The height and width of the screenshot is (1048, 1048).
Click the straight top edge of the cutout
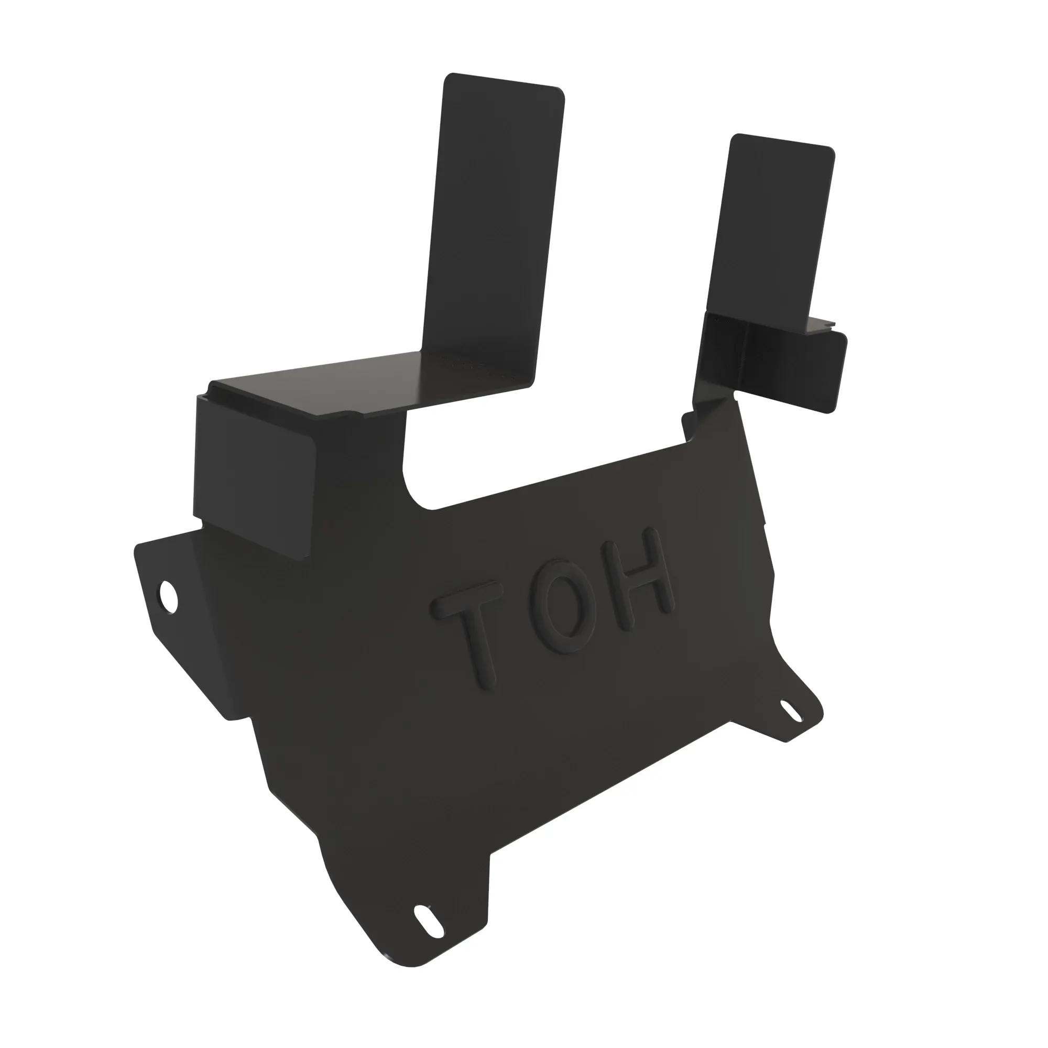pos(559,475)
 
